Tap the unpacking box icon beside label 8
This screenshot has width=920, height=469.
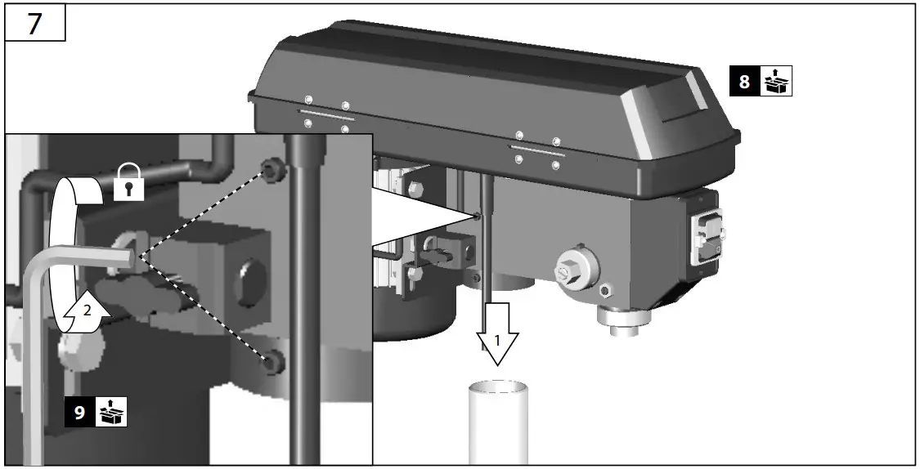point(776,82)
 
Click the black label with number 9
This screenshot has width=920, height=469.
point(80,412)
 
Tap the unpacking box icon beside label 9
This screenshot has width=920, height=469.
point(111,412)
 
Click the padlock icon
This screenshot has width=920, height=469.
point(129,181)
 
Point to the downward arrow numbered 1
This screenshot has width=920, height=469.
point(496,332)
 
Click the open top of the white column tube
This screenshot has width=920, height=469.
point(498,386)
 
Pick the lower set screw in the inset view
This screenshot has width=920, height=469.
point(272,361)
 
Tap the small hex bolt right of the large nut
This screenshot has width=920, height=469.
point(606,290)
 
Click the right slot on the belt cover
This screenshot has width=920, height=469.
point(536,150)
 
